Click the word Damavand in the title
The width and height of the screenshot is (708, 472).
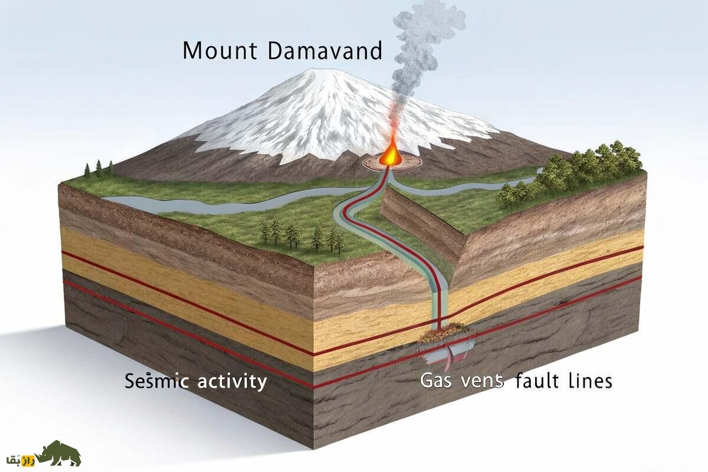point(324,51)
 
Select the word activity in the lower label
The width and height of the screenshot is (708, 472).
point(231,382)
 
